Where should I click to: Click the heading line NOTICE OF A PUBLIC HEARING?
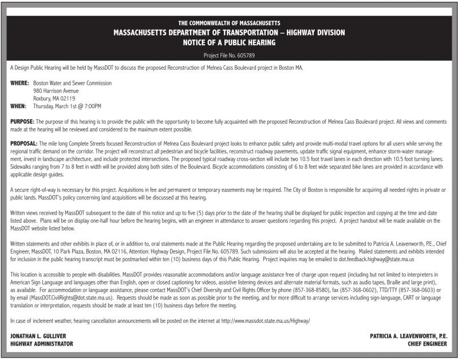point(229,43)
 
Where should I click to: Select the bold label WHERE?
point(19,83)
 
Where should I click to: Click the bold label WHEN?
point(19,106)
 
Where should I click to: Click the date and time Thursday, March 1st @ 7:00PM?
point(67,106)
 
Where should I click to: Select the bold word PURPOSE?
point(22,122)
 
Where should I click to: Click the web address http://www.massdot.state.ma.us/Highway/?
point(266,321)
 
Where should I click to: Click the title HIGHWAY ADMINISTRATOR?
point(42,344)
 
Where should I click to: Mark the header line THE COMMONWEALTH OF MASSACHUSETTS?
point(229,22)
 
